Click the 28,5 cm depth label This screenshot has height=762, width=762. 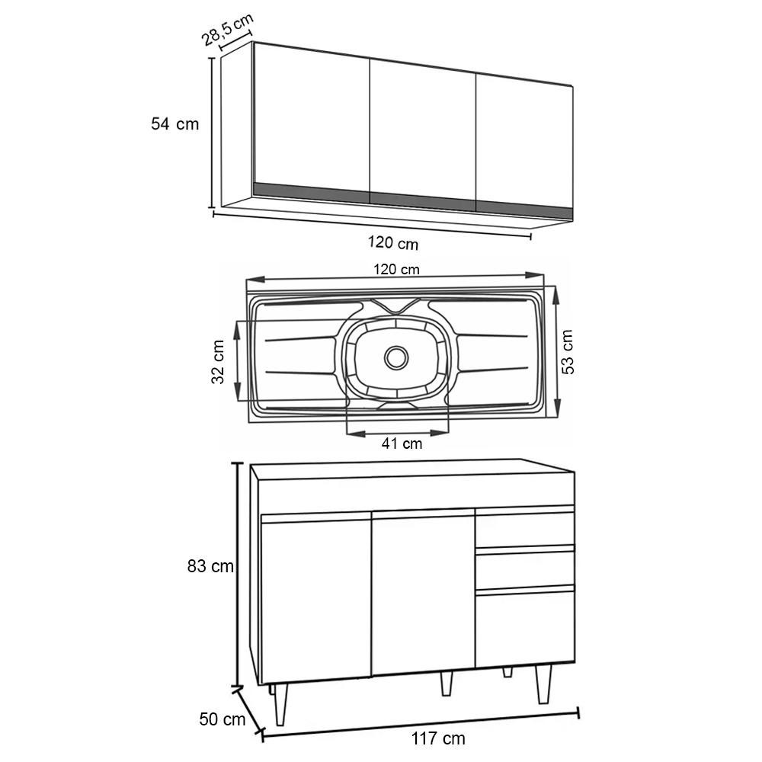click(227, 30)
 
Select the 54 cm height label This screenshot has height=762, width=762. click(175, 124)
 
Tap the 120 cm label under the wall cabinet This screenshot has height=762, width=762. click(392, 242)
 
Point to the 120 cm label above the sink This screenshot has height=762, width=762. click(396, 269)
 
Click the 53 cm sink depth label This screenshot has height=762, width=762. click(567, 352)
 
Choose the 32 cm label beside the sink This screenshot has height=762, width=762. click(218, 362)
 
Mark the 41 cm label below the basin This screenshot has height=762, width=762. click(402, 443)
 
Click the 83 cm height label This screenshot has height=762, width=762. click(210, 566)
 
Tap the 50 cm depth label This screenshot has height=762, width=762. click(222, 719)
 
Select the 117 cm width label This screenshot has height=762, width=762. click(438, 738)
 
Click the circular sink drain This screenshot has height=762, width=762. click(396, 358)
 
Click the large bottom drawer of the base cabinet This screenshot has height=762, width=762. click(524, 627)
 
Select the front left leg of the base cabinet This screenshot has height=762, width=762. click(280, 704)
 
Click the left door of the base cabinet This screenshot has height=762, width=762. click(316, 599)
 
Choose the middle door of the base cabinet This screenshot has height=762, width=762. click(423, 592)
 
